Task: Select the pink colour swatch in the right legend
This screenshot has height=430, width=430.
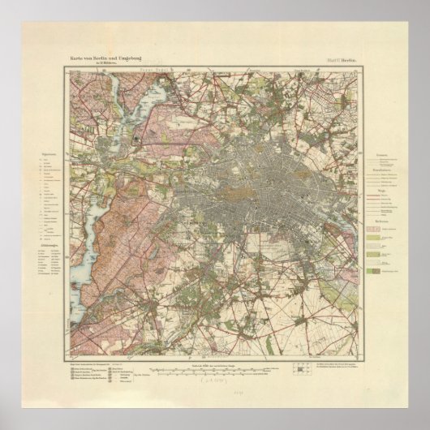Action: pyautogui.click(x=381, y=230)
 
